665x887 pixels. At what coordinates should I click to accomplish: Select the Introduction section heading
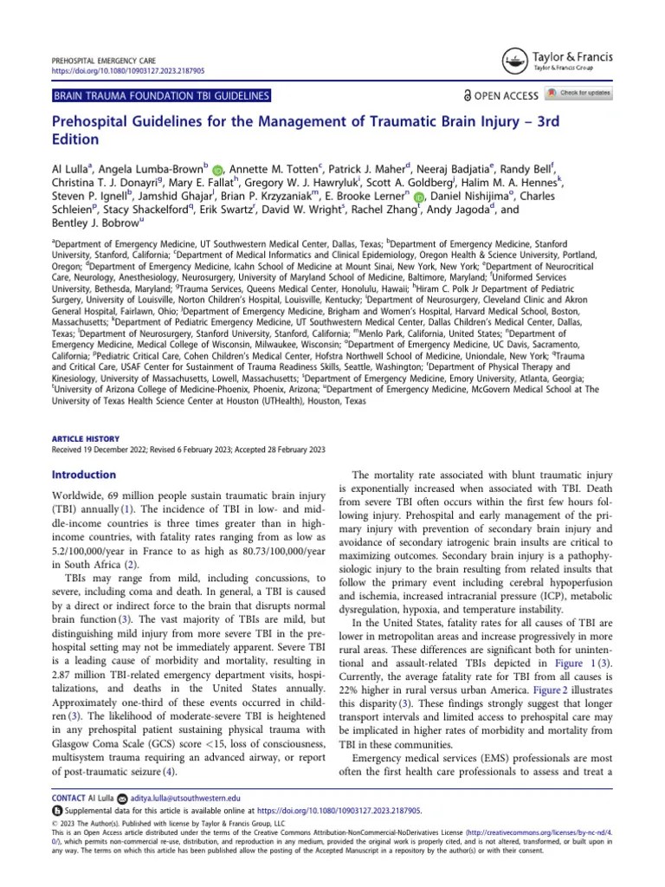84,475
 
